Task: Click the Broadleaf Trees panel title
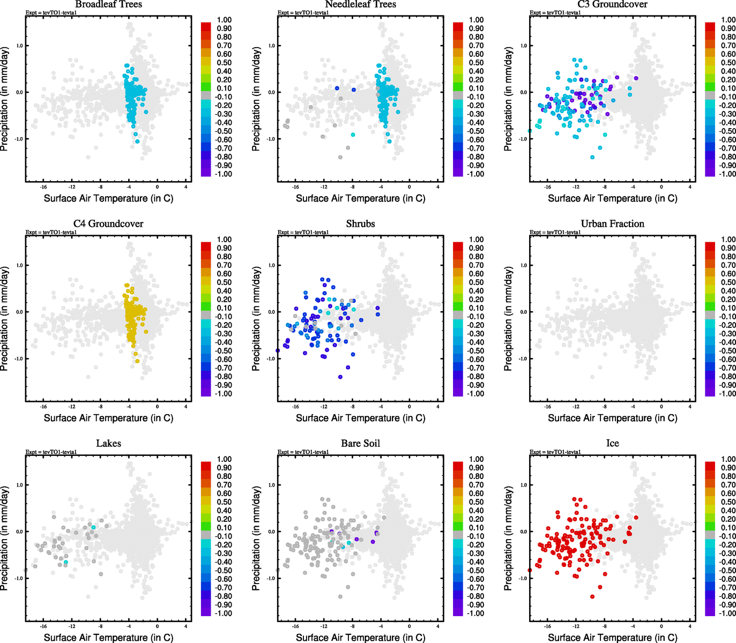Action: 108,4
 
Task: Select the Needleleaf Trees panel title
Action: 360,4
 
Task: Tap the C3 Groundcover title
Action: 612,4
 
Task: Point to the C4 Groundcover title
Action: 108,224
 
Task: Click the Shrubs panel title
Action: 360,224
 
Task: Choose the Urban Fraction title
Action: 612,224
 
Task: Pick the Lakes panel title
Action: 108,444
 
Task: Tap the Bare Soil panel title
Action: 360,444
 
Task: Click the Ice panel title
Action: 612,444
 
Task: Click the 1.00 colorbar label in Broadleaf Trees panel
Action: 224,20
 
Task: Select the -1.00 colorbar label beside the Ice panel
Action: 727,613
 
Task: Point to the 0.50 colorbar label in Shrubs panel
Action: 476,282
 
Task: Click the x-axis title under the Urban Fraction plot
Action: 612,418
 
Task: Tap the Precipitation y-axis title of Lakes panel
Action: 5,539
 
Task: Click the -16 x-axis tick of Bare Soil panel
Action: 295,626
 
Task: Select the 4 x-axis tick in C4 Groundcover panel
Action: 185,406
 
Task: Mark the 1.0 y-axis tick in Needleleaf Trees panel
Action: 271,46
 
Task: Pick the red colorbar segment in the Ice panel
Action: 710,464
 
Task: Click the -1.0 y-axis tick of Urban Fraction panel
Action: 523,358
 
